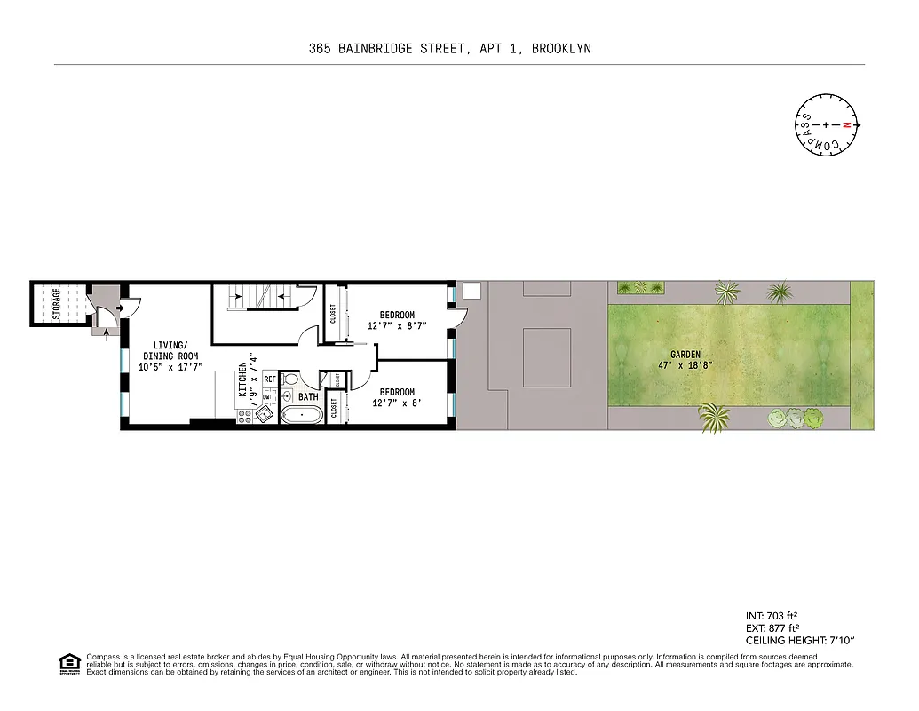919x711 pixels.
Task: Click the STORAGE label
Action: click(x=57, y=304)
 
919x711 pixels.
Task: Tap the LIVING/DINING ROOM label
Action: click(x=170, y=355)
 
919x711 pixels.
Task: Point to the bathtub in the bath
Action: click(x=302, y=415)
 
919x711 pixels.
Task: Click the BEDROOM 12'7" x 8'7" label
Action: click(x=397, y=320)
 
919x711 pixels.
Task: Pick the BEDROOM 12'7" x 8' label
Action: click(x=397, y=397)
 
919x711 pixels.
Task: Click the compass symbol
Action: click(x=825, y=125)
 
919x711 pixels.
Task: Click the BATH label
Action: click(x=308, y=397)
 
